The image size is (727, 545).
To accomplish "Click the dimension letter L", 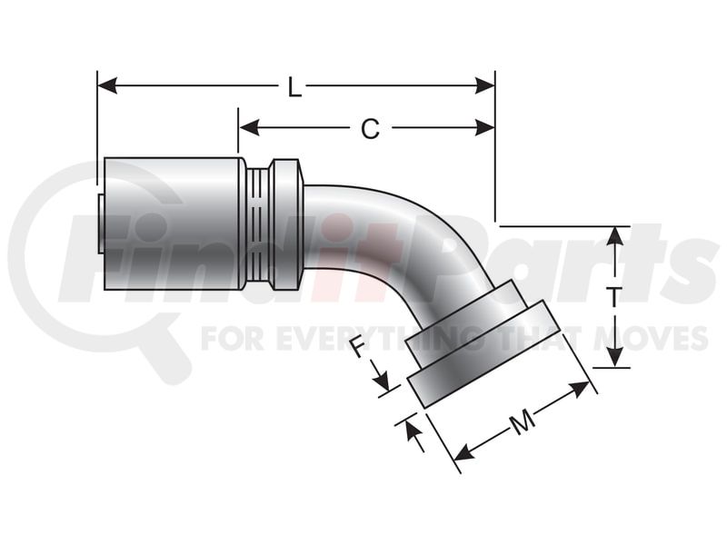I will (294, 88).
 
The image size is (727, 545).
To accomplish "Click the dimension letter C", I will (369, 130).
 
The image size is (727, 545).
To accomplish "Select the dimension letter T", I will (615, 296).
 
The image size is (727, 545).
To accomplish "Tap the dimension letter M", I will (521, 422).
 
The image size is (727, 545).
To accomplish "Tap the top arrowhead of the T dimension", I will (616, 235).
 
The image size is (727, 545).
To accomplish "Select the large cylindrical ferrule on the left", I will (173, 223).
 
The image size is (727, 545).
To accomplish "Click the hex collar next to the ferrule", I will (286, 224).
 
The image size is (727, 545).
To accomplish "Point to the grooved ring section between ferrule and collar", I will (258, 224).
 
